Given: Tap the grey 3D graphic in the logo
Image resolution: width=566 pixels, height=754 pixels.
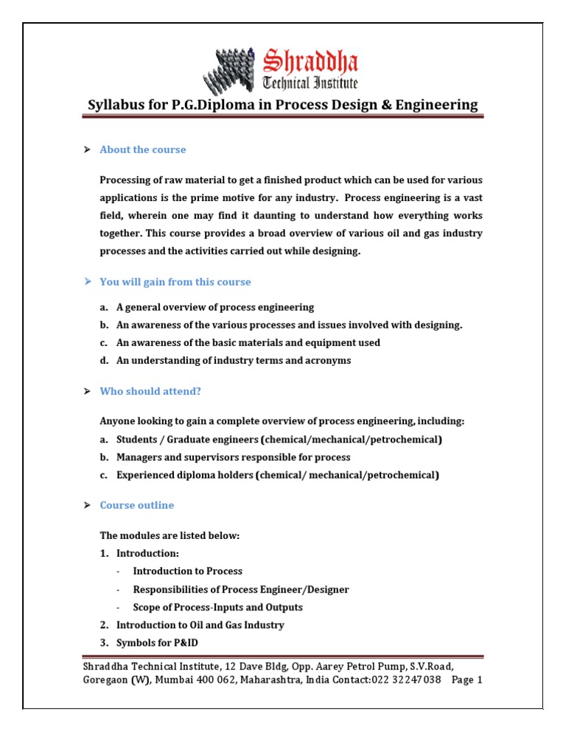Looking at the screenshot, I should coord(234,71).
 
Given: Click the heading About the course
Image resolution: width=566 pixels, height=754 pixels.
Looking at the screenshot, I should coord(143,149).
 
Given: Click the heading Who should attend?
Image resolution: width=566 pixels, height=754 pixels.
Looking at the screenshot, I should coord(150,392).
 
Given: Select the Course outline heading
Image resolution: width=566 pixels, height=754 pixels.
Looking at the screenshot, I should coord(137,505).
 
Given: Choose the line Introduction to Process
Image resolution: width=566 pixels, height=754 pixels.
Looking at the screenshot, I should coord(187,571).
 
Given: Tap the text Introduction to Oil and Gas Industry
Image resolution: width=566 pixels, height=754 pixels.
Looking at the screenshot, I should coord(200,624).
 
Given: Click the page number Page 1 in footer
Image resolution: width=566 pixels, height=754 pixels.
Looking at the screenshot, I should coord(467,680).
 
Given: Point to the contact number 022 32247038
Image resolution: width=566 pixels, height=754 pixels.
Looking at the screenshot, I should coord(406,680).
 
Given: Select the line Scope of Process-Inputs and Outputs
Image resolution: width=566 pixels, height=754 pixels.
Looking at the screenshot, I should coord(217,607).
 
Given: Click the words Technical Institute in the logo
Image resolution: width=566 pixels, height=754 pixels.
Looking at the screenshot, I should coord(310,82).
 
